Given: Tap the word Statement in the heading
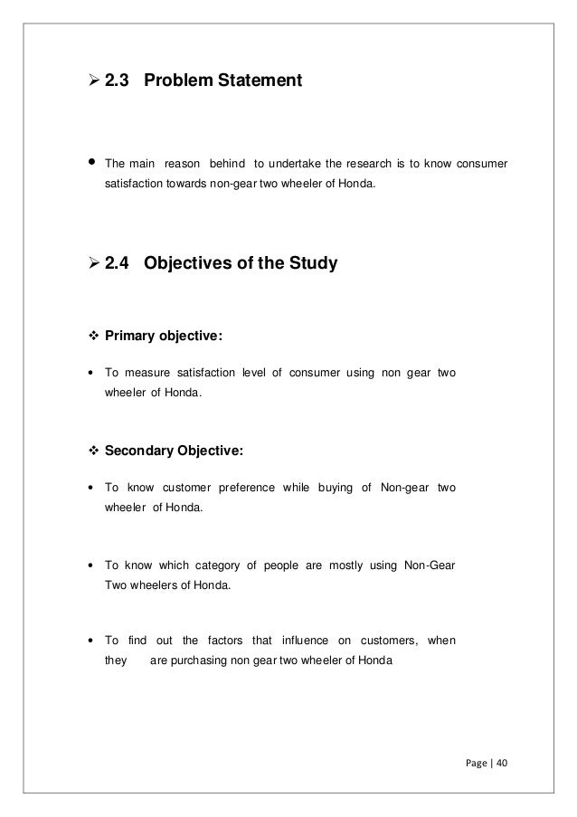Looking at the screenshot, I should [263, 82].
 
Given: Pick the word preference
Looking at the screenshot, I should [247, 489].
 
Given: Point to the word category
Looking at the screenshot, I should [215, 566].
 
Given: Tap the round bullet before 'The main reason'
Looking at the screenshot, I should [91, 164].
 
